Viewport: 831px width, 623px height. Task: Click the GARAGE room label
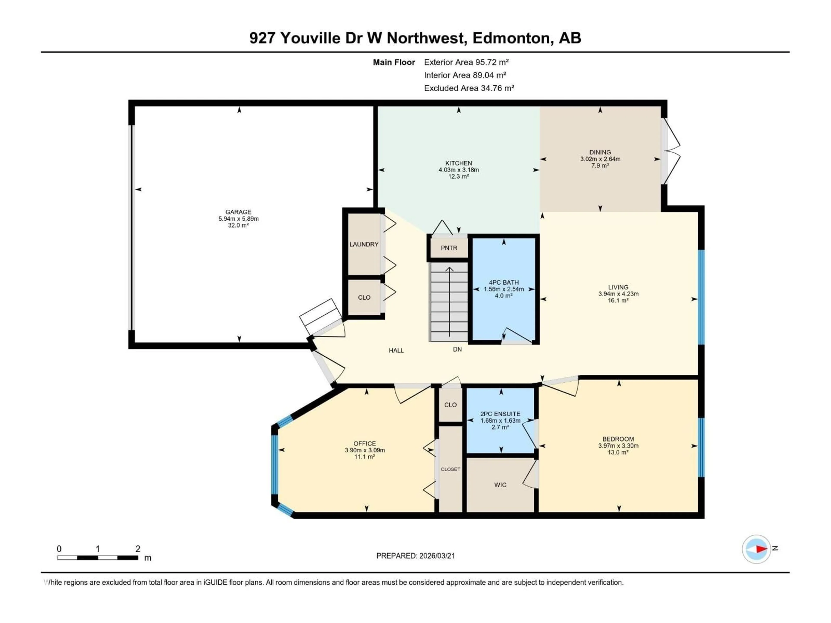point(238,212)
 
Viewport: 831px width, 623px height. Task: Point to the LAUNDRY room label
point(364,244)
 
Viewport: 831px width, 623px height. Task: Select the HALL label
point(396,350)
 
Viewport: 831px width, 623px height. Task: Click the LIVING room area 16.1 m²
point(618,300)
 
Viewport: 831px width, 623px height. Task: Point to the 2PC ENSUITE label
point(500,414)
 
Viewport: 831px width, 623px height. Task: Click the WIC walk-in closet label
point(500,485)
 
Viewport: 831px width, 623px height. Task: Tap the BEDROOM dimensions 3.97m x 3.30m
point(618,446)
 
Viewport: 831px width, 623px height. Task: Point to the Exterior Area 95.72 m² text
point(466,62)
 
